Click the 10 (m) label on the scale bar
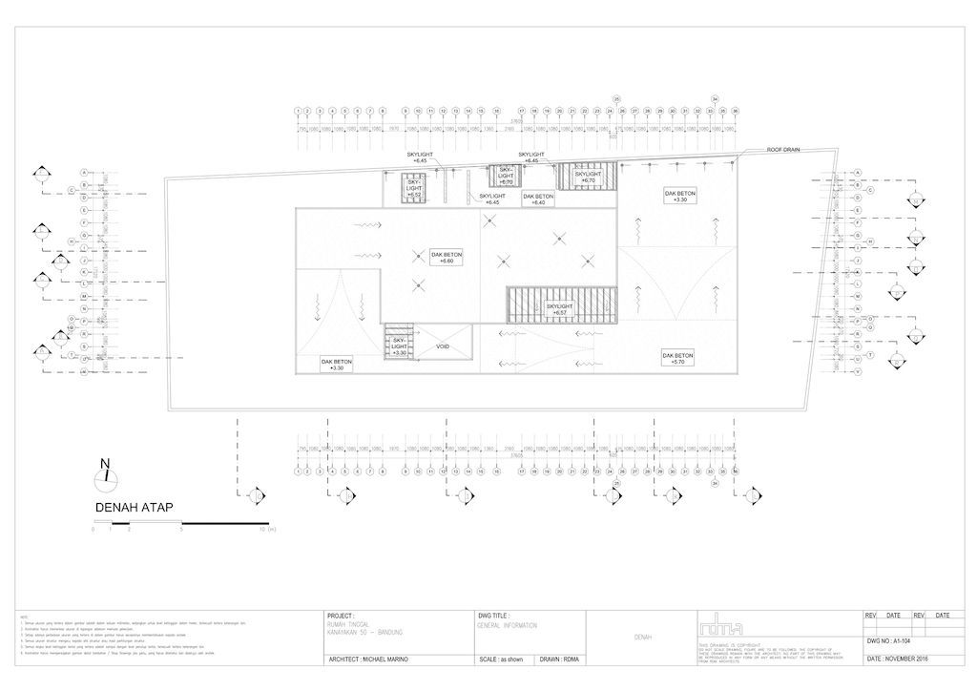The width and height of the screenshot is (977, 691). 266,529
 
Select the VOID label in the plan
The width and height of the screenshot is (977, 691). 443,346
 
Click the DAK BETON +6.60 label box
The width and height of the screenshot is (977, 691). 447,259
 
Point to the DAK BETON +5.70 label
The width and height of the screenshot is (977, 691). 677,358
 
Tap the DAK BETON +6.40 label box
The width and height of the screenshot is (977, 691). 538,199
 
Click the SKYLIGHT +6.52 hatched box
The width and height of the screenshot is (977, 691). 414,187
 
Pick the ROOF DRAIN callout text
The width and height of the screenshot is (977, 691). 783,150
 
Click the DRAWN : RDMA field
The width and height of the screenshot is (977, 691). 561,660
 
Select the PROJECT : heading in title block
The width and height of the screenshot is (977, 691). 341,617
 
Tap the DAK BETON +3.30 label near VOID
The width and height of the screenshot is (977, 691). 337,365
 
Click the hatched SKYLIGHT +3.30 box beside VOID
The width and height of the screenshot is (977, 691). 399,344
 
